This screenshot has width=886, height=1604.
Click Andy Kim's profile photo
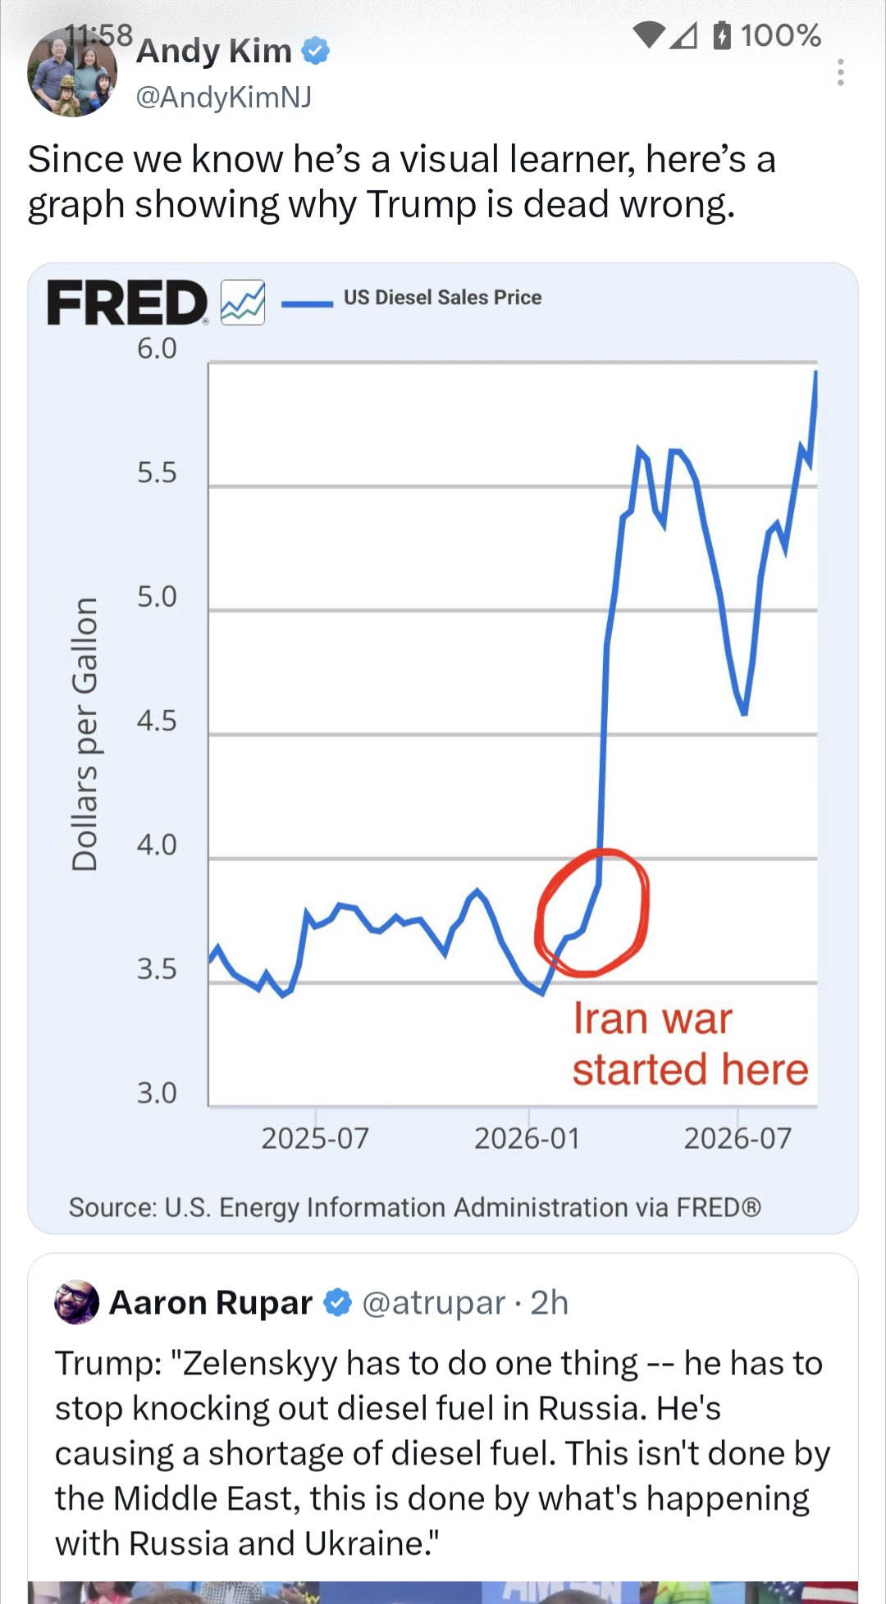click(72, 73)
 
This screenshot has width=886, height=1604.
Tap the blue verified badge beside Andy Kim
click(316, 51)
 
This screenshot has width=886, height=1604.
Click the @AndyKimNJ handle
click(223, 97)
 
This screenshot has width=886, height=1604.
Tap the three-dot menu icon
click(840, 72)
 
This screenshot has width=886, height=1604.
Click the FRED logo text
click(127, 303)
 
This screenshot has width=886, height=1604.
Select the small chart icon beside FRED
click(243, 303)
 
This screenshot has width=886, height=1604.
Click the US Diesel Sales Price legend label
click(442, 297)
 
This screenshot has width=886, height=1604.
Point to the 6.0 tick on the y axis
click(157, 349)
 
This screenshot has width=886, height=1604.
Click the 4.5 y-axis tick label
click(157, 721)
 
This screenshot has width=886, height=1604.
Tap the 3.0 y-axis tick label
click(157, 1093)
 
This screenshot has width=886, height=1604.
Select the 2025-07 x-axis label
click(315, 1138)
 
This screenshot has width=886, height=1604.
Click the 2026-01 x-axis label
click(527, 1138)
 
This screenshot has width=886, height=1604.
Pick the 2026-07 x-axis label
click(738, 1138)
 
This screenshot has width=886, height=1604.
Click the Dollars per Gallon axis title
click(85, 734)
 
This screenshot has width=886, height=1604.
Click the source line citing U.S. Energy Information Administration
click(415, 1207)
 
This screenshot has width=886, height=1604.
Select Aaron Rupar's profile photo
click(76, 1302)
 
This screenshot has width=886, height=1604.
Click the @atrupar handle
click(433, 1303)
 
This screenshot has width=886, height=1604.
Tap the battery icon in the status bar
click(722, 35)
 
